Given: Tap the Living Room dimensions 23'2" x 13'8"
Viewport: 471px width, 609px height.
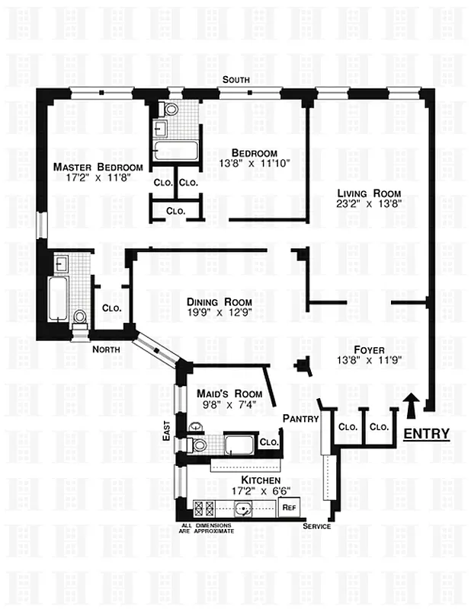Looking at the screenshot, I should click(x=368, y=206).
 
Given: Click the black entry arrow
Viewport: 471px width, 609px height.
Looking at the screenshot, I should click(x=412, y=405).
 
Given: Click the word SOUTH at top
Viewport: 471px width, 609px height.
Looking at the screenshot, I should click(x=235, y=80).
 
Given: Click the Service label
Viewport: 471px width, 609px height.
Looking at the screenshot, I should click(x=316, y=527).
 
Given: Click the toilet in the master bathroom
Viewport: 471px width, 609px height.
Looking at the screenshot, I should click(x=80, y=317).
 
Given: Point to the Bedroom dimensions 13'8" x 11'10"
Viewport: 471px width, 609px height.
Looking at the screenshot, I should click(x=254, y=163).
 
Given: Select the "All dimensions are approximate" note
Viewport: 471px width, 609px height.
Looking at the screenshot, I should click(x=207, y=528).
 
